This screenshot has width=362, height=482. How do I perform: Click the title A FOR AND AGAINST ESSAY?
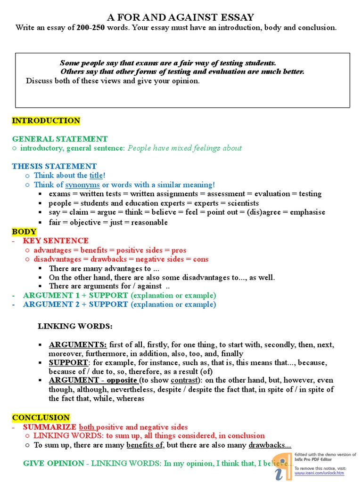[x=181, y=17]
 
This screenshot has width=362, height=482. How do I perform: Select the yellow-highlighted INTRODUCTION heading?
[x=46, y=120]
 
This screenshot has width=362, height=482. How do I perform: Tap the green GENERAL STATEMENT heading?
[x=60, y=139]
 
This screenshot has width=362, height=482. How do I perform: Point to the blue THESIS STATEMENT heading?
[x=54, y=166]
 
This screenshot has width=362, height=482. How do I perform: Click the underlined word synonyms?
[x=82, y=185]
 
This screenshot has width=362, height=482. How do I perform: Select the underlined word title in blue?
[x=96, y=175]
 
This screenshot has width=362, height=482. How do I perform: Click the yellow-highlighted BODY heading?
[x=24, y=232]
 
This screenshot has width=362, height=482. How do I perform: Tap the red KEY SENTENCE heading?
[x=56, y=241]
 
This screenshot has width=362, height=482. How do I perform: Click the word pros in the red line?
[x=179, y=250]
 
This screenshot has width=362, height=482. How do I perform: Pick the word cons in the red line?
[x=200, y=259]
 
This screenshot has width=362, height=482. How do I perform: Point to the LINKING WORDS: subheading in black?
[x=75, y=326]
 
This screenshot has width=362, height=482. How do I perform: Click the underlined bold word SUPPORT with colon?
[x=69, y=362]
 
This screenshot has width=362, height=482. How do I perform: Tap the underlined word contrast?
[x=181, y=380]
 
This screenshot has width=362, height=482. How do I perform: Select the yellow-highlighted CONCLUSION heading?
[x=41, y=418]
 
